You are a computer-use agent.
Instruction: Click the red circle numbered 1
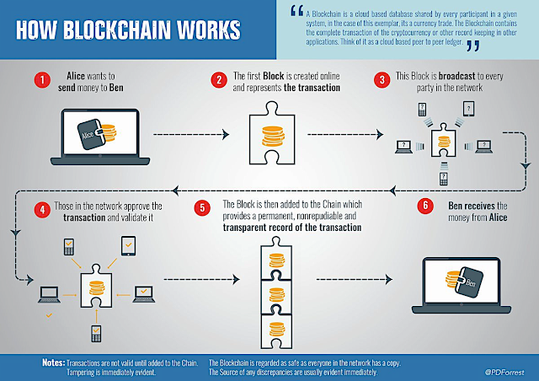(x=40, y=79)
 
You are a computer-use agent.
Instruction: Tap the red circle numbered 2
(x=219, y=79)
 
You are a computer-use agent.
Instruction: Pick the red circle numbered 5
(x=201, y=207)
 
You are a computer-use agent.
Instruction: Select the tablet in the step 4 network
(x=128, y=244)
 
